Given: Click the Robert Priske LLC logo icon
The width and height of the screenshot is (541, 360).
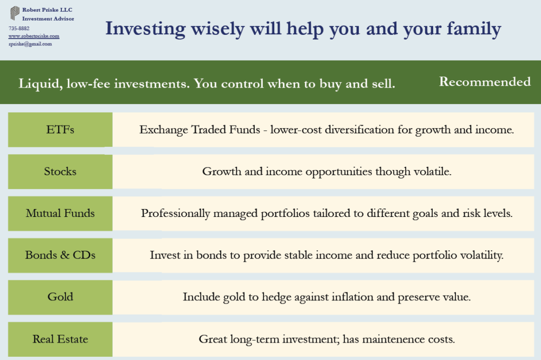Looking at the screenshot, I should point(15,13).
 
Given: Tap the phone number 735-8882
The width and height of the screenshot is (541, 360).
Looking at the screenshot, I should point(19,28).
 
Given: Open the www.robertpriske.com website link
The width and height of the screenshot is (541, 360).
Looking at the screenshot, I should point(34,36).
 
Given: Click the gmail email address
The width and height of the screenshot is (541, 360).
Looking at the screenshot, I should point(30,44).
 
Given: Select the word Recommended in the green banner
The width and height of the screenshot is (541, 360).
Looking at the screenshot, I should point(485,82).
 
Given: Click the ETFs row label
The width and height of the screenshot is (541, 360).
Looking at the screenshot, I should point(60,129).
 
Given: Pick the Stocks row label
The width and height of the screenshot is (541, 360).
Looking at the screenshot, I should point(60,172).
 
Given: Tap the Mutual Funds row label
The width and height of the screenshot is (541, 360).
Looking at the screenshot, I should point(60,213).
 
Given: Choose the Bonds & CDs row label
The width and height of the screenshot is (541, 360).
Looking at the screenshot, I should point(60,255).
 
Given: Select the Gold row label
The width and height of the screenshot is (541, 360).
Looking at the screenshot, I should point(60,297).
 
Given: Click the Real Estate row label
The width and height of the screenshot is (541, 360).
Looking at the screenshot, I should point(60,339).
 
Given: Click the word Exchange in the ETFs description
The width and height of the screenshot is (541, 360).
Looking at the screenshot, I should point(160,129).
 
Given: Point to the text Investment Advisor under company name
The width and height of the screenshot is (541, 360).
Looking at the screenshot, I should point(48,19).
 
